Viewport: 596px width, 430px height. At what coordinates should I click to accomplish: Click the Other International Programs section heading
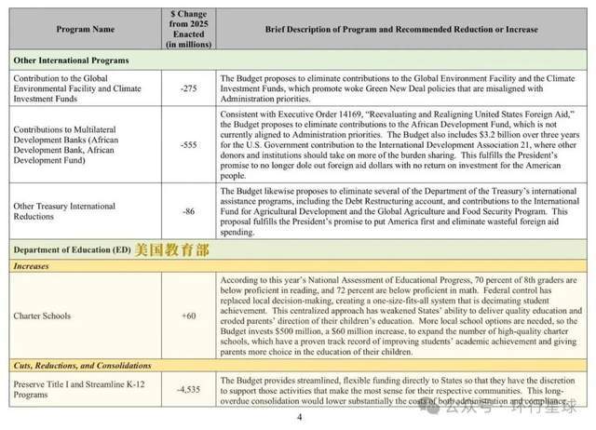tap(71, 60)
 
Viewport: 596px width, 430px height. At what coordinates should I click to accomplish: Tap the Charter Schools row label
tap(42, 316)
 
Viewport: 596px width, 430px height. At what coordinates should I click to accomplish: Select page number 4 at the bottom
tap(299, 418)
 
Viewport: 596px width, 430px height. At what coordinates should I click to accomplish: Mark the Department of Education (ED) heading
tap(71, 249)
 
